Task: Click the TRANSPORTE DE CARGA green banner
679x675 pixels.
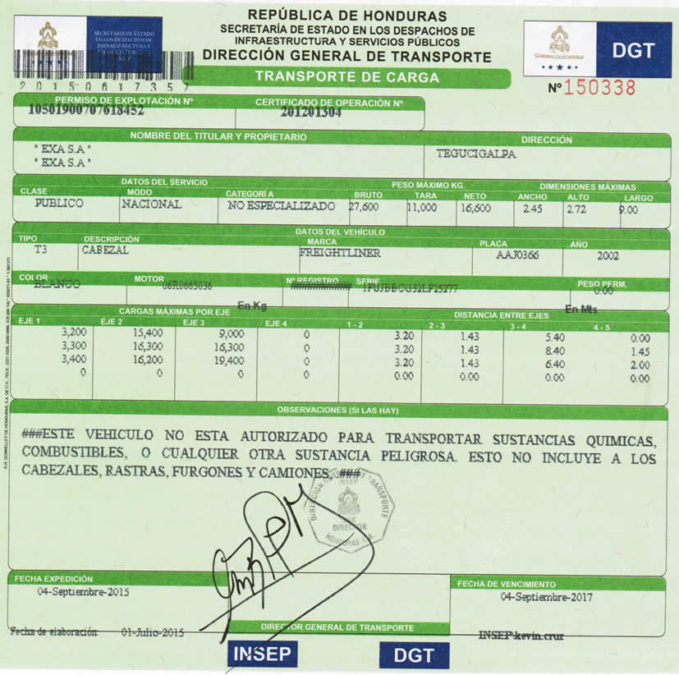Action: [346, 78]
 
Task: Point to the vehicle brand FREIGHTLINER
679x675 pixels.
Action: [340, 254]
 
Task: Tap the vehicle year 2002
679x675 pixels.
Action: [608, 255]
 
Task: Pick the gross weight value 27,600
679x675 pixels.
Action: [364, 207]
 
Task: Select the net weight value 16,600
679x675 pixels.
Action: [475, 208]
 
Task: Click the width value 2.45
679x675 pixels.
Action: [534, 209]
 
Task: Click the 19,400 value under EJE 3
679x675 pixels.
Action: [227, 360]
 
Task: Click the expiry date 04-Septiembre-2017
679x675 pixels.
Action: [546, 597]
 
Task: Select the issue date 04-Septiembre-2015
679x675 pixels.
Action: [83, 591]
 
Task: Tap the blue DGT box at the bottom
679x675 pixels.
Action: [415, 655]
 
